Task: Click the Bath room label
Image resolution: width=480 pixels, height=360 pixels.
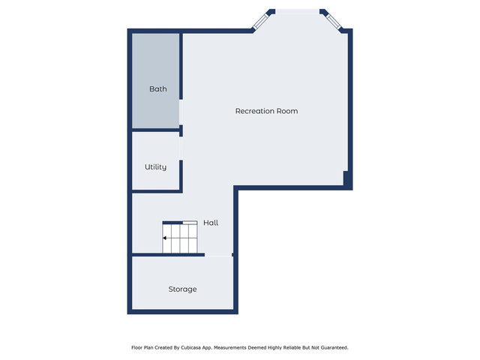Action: click(x=158, y=89)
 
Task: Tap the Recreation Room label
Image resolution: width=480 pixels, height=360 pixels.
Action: click(x=266, y=111)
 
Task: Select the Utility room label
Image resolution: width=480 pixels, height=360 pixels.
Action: click(x=155, y=167)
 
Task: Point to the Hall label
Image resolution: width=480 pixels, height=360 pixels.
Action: click(x=211, y=223)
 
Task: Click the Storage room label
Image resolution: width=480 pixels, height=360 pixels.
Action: click(x=182, y=289)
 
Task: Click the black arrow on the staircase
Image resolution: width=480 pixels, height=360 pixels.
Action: click(x=165, y=238)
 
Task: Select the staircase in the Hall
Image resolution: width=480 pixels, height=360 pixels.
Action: click(x=180, y=237)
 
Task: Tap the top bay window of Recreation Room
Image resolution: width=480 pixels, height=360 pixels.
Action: click(x=297, y=12)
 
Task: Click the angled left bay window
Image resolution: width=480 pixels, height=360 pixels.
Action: click(x=260, y=21)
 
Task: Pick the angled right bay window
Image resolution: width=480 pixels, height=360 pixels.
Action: click(x=333, y=22)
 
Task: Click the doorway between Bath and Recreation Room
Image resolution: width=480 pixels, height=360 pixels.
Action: click(x=181, y=112)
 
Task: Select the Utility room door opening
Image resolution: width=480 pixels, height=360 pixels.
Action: click(x=181, y=148)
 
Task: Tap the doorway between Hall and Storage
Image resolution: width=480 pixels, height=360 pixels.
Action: click(x=218, y=255)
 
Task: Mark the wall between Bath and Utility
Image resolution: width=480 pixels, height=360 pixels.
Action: click(x=155, y=130)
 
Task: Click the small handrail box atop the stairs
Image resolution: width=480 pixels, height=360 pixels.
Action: click(x=190, y=223)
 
